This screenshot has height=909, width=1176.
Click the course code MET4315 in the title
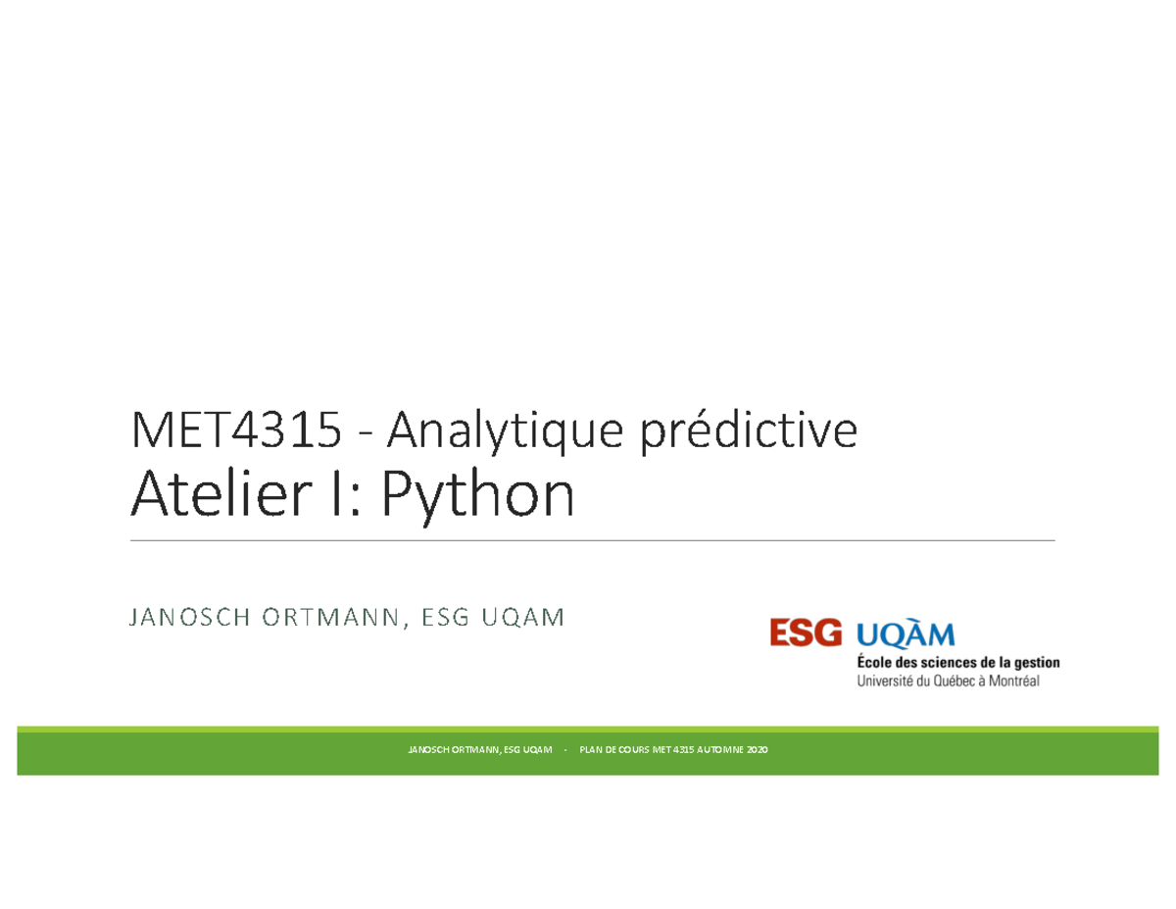pos(236,429)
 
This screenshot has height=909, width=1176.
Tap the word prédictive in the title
pos(749,432)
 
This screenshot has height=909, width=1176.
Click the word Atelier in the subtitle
pos(220,494)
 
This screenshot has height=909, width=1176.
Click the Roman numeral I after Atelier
pos(336,494)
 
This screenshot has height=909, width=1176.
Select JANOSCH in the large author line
pos(189,617)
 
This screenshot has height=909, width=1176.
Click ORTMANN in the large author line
pos(330,617)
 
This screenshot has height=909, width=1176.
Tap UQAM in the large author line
pos(522,617)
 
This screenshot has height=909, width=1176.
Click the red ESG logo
pos(806,632)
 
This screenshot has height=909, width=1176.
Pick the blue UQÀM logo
pos(906,633)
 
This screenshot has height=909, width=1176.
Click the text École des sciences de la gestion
pos(957,663)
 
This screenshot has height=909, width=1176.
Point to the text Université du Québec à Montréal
pos(948,681)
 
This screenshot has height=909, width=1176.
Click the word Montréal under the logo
pos(1013,681)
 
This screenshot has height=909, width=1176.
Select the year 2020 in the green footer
pos(758,749)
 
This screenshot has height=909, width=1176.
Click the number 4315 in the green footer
pos(683,749)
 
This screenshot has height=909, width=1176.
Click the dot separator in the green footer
pos(565,750)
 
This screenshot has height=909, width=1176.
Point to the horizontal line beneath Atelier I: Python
pos(593,540)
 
